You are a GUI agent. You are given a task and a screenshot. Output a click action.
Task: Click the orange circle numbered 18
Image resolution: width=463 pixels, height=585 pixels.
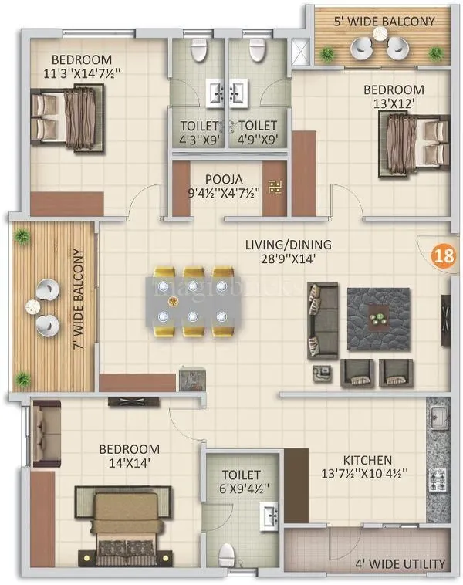pos(442,255)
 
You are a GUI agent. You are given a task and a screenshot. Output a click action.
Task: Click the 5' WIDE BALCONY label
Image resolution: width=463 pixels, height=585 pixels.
pos(384,22)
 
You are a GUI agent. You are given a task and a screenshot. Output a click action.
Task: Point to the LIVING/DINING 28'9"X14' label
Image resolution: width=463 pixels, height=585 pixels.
pos(288,252)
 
